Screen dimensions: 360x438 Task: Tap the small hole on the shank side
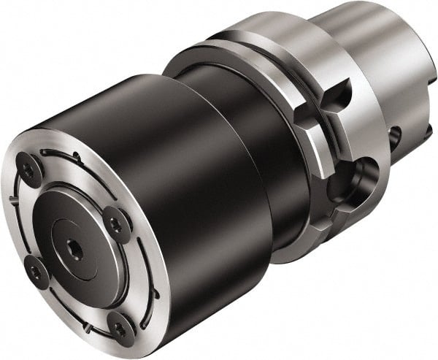(396, 134)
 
